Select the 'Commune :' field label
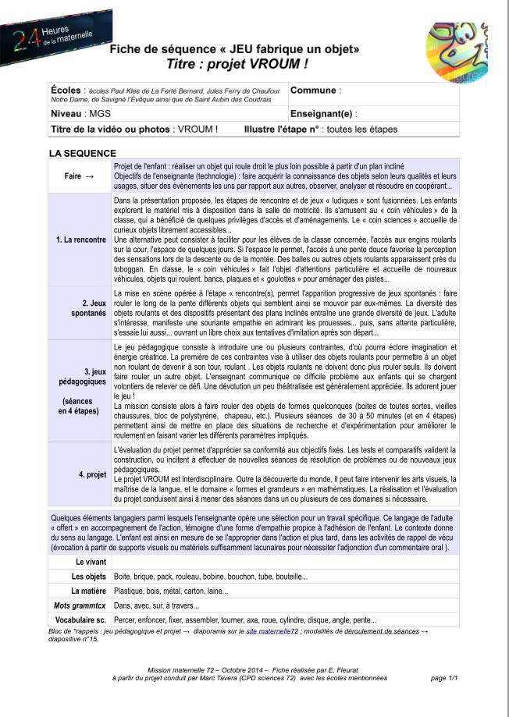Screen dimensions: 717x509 315,91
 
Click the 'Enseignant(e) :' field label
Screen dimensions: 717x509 324,114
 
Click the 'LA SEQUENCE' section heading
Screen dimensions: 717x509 83,153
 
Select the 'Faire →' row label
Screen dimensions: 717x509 80,176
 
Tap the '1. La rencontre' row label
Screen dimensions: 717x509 81,239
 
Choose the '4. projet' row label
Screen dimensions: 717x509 92,474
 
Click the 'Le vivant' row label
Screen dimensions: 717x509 91,562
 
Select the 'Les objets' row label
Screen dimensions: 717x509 88,577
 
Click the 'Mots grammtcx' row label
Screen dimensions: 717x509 81,605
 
